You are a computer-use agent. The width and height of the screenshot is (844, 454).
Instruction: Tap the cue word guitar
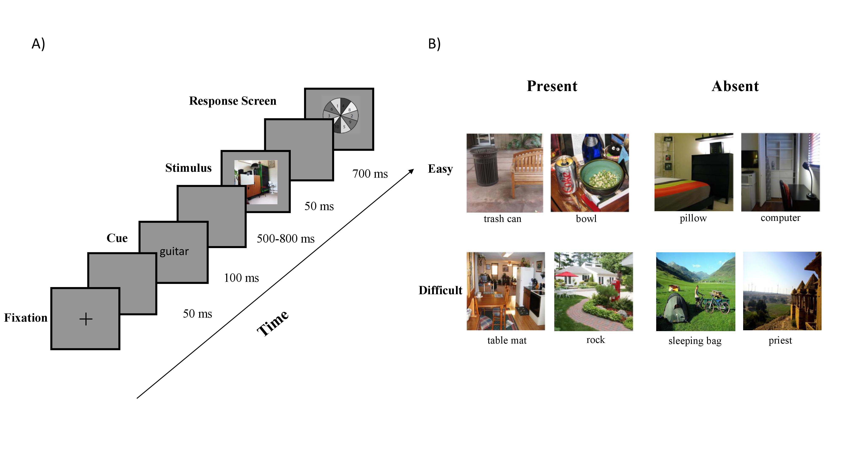174,251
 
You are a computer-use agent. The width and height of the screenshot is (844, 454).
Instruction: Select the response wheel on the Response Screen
341,116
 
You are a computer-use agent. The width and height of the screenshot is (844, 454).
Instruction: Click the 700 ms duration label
370,174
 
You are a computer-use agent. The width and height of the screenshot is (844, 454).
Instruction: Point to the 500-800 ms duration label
285,239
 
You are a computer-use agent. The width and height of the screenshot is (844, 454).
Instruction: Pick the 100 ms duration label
241,278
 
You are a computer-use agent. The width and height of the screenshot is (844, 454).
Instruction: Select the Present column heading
552,86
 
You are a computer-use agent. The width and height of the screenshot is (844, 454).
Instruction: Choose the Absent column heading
735,86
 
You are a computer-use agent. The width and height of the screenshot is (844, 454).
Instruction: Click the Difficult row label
440,290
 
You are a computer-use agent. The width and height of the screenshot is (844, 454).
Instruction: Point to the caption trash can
502,219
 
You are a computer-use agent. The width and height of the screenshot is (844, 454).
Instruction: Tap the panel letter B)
434,44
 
